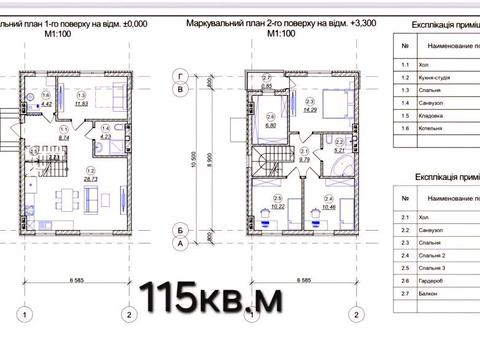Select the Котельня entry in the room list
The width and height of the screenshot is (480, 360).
point(439,128)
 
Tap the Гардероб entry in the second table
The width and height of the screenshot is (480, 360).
point(441,282)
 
